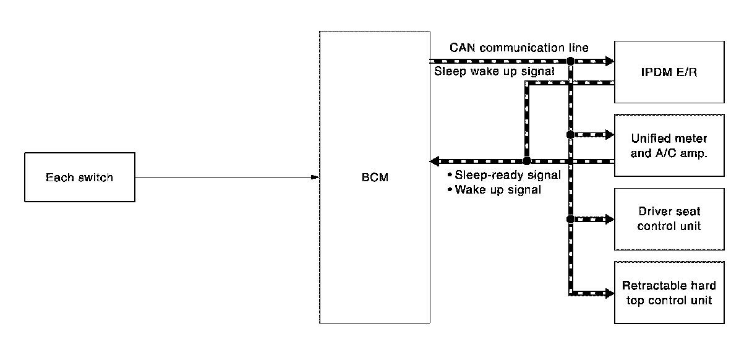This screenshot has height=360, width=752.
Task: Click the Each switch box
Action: tap(80, 178)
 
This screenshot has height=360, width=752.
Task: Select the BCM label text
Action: tap(374, 178)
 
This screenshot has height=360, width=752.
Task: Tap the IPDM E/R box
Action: tap(669, 72)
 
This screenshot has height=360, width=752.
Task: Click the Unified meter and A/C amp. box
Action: tap(669, 146)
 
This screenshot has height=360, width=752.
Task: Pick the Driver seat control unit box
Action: tap(669, 219)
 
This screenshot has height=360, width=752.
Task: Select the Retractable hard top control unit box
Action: tap(669, 293)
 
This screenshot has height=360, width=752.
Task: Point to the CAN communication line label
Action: tap(519, 48)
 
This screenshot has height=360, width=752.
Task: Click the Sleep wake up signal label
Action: tap(494, 72)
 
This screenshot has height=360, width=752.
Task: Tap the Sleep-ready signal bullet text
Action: tap(507, 175)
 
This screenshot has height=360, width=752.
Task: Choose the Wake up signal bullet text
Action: tap(497, 190)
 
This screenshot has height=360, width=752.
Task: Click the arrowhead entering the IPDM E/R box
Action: tap(610, 61)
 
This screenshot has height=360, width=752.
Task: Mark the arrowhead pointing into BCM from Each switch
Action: tap(315, 178)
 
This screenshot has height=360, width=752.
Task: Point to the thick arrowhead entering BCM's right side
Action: tap(434, 161)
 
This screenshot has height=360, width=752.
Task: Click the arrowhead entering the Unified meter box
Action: tap(610, 134)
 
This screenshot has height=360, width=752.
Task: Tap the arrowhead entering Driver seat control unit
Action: tap(610, 219)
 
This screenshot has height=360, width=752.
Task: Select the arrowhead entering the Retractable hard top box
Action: tap(610, 293)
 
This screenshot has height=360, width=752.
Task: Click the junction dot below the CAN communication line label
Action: tap(570, 61)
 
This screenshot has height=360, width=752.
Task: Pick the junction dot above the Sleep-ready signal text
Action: tap(526, 161)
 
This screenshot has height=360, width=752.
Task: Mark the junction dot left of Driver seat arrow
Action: tap(570, 219)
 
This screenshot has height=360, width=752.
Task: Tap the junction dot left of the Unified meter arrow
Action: tap(570, 134)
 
